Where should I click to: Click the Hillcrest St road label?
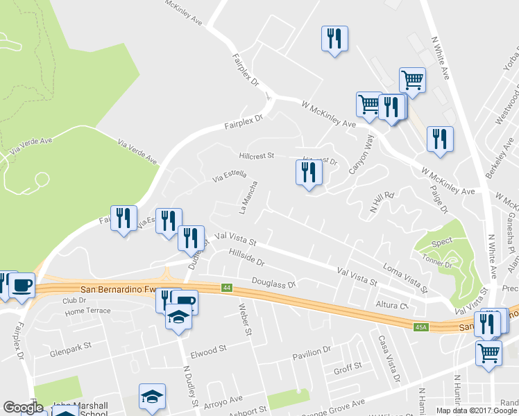point(257,156)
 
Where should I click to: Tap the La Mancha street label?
point(248,197)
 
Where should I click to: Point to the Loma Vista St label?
point(405,273)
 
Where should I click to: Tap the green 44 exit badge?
point(226,287)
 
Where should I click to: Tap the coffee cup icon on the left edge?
point(22,285)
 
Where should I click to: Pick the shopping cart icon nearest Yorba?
point(412,80)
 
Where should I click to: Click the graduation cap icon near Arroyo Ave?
point(152,397)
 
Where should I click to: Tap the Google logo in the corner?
point(23,408)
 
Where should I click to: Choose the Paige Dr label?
point(439,199)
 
